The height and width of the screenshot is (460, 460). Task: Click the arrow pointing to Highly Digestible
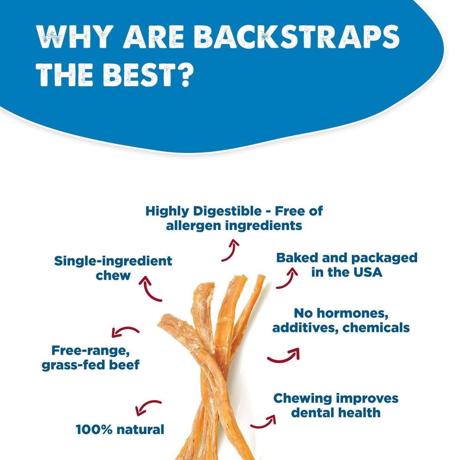230,250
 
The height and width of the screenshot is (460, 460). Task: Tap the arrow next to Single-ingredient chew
150,288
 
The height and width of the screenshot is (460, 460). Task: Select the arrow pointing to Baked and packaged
287,278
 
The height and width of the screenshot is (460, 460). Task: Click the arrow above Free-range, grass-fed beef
125,331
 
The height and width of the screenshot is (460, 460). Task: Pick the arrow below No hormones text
283,355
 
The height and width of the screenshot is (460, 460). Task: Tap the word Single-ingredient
113,261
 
